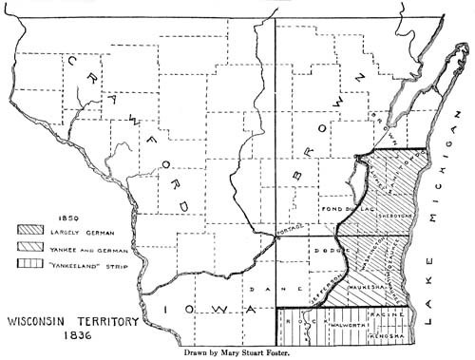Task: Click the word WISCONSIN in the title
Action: (36, 320)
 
